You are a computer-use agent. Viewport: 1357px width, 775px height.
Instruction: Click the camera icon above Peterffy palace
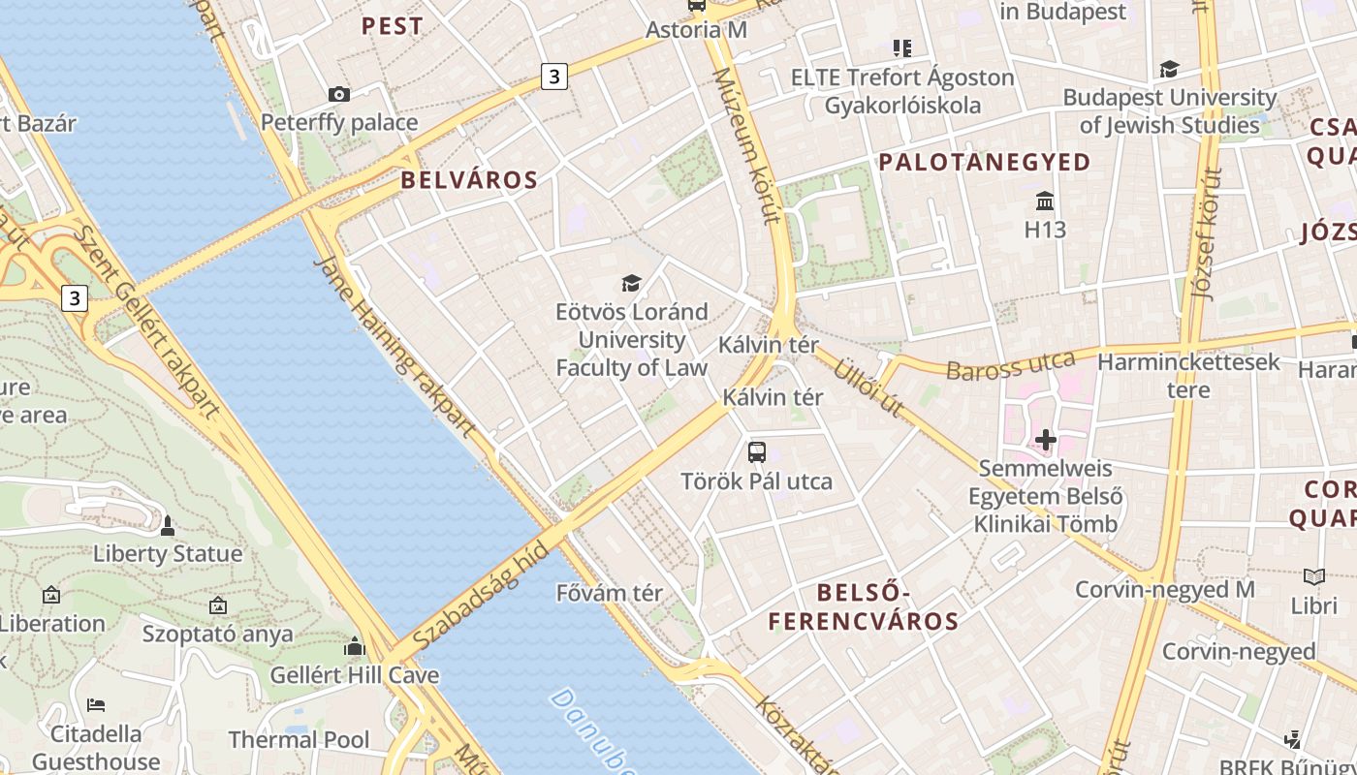click(x=338, y=94)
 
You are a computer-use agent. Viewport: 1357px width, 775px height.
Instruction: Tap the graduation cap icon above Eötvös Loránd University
click(x=631, y=283)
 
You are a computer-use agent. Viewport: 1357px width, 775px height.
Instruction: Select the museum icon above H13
click(x=1045, y=201)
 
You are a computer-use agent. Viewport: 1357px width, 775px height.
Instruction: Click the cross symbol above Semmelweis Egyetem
click(x=1045, y=440)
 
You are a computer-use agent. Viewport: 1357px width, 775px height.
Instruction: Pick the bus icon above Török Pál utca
click(x=756, y=451)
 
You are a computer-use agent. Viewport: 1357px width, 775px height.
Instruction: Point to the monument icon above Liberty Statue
click(x=167, y=526)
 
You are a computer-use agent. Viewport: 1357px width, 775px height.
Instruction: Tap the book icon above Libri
click(x=1313, y=576)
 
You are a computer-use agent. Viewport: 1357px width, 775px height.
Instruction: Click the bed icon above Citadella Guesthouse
click(x=95, y=704)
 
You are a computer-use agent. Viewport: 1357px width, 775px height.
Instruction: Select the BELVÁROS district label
click(x=469, y=180)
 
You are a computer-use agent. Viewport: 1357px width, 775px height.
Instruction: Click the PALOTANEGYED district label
click(x=985, y=162)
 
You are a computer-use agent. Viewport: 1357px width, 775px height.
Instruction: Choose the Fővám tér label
click(x=610, y=593)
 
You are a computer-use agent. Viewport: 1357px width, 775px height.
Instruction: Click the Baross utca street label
click(x=1011, y=366)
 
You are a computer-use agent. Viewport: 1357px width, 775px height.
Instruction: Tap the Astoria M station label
click(x=697, y=30)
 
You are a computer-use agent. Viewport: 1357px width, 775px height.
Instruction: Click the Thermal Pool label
click(x=299, y=740)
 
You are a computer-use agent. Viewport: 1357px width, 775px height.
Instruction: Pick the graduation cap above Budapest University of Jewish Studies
click(x=1169, y=69)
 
